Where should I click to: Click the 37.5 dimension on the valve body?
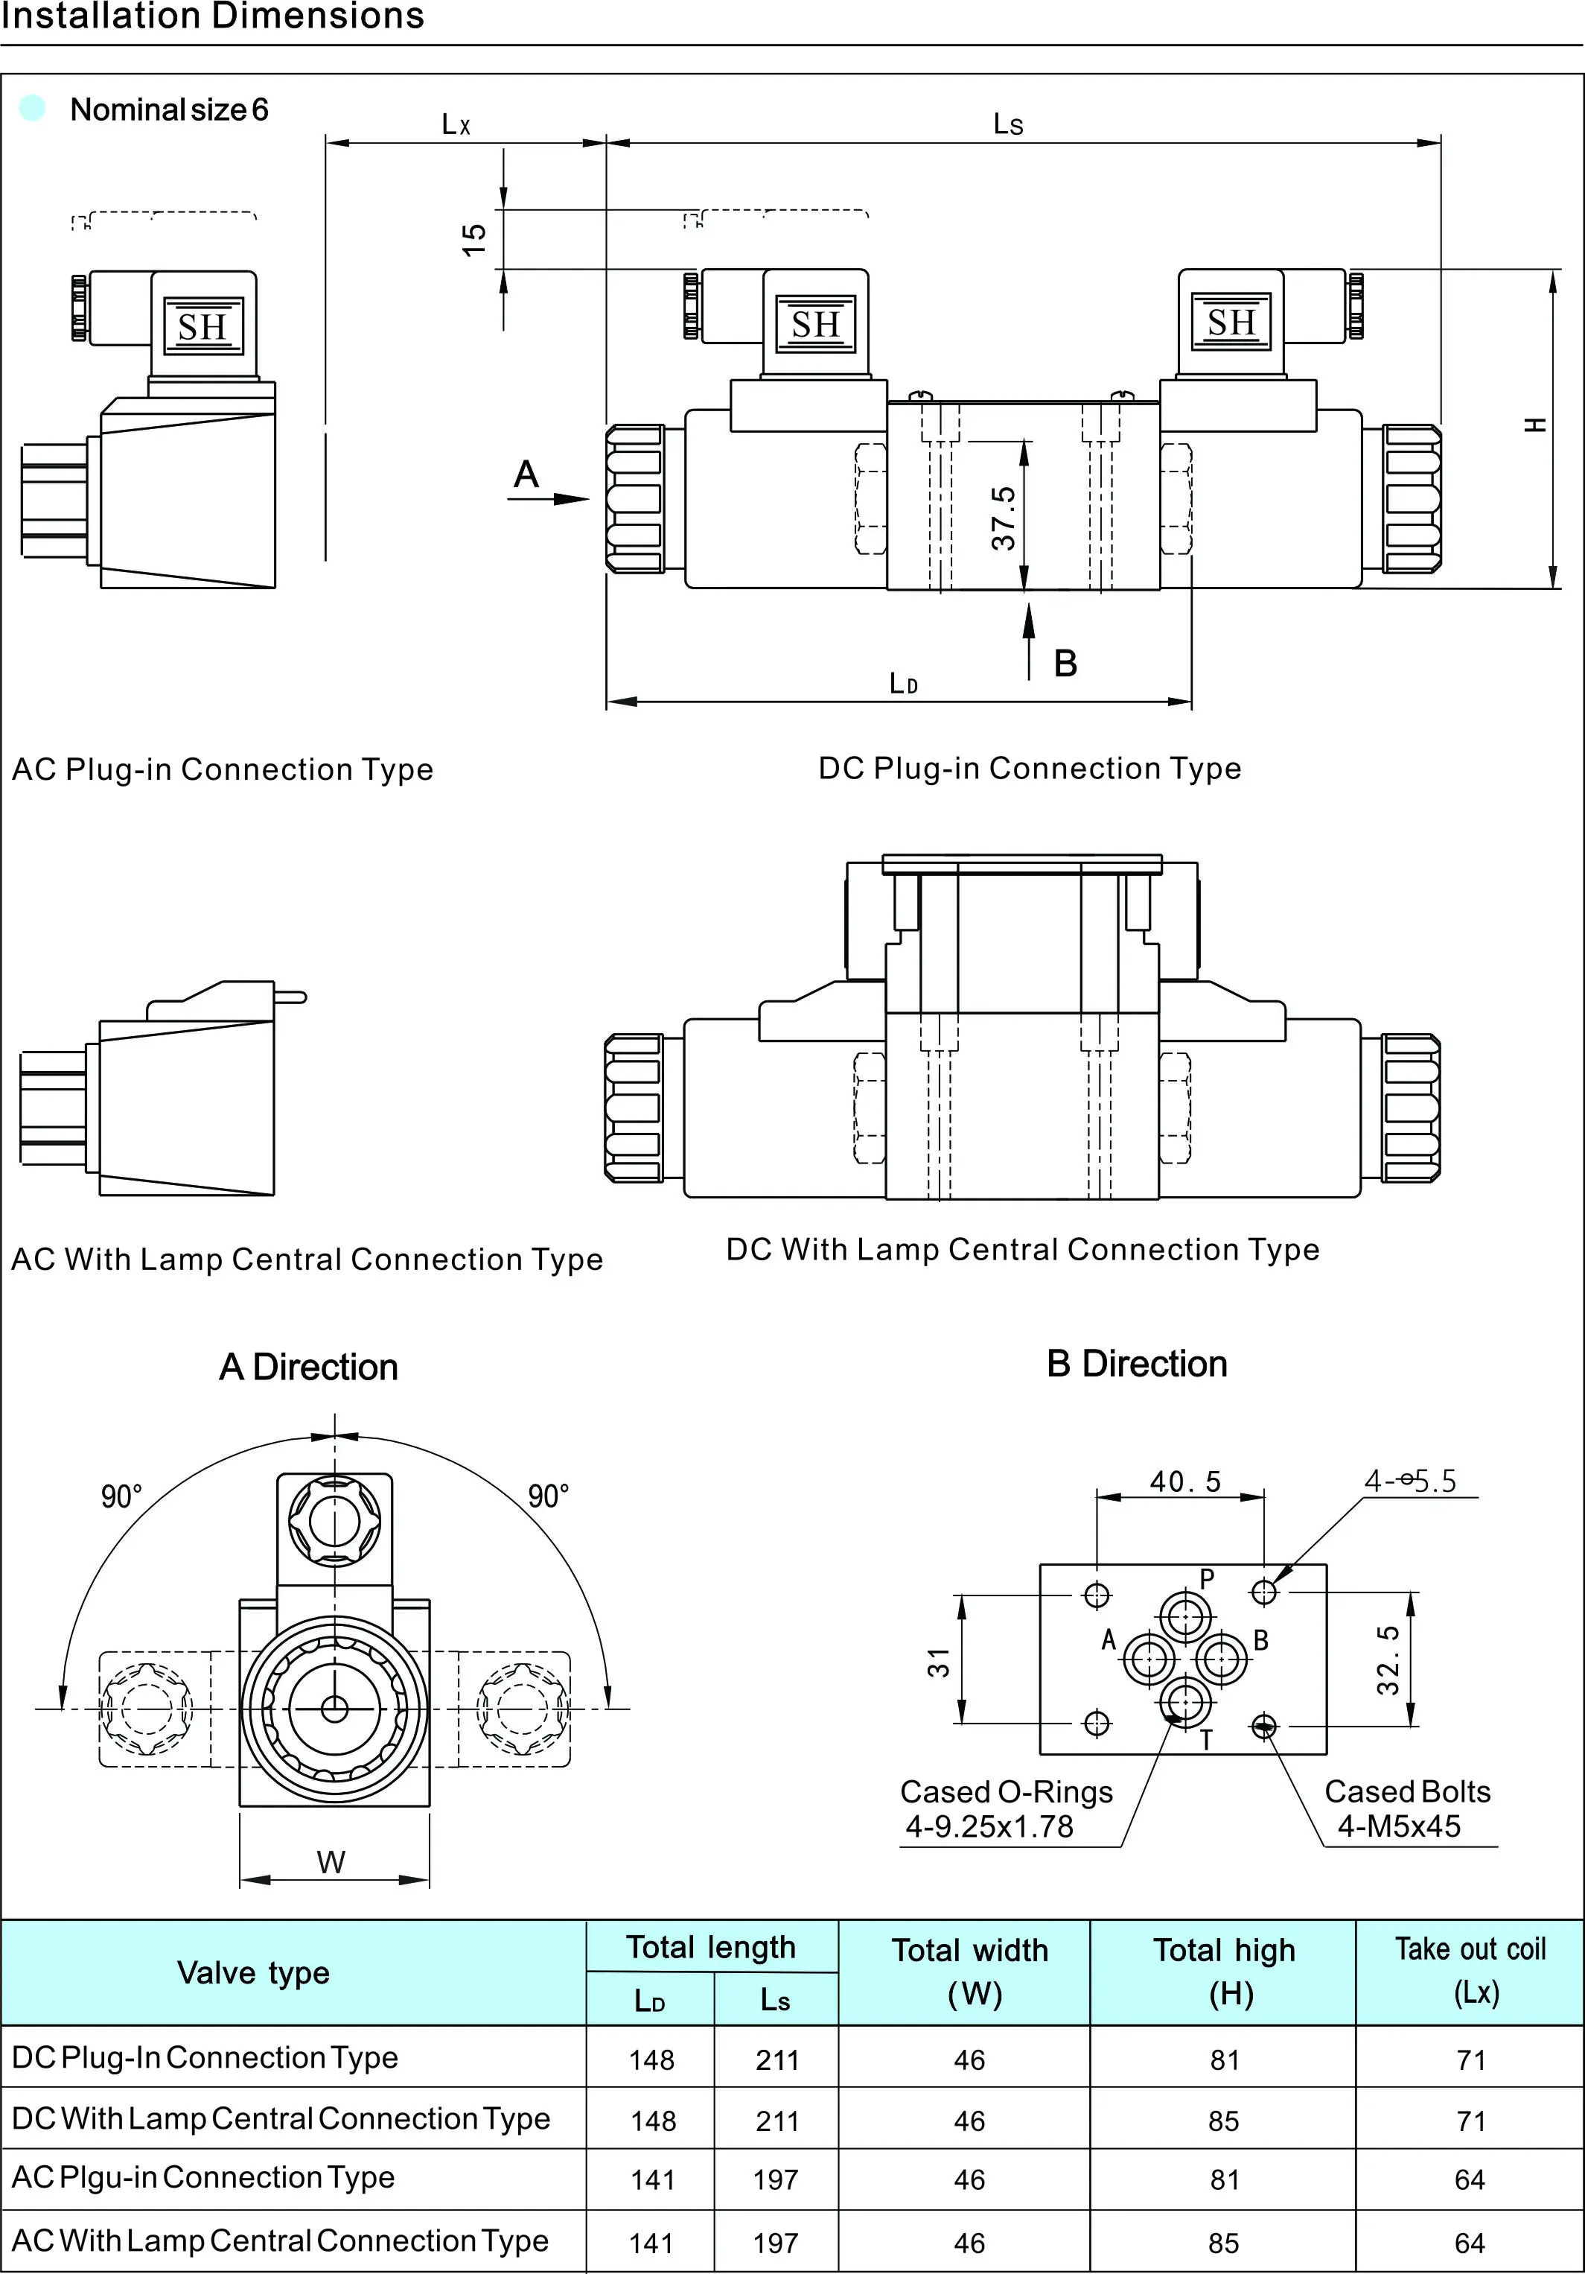click(1003, 518)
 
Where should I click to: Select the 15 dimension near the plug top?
click(474, 238)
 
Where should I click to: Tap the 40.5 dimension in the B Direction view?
click(1185, 1481)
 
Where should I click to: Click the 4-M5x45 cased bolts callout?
click(1399, 1826)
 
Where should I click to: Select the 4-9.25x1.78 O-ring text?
click(989, 1826)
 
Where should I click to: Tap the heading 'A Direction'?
click(309, 1367)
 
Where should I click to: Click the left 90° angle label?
click(122, 1496)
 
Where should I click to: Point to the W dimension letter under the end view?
click(331, 1862)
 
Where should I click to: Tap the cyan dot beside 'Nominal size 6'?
click(33, 108)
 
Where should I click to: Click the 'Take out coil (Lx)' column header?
click(1470, 1970)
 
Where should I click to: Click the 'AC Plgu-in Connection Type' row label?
click(203, 2177)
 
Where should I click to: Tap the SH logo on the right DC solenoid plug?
click(1231, 322)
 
